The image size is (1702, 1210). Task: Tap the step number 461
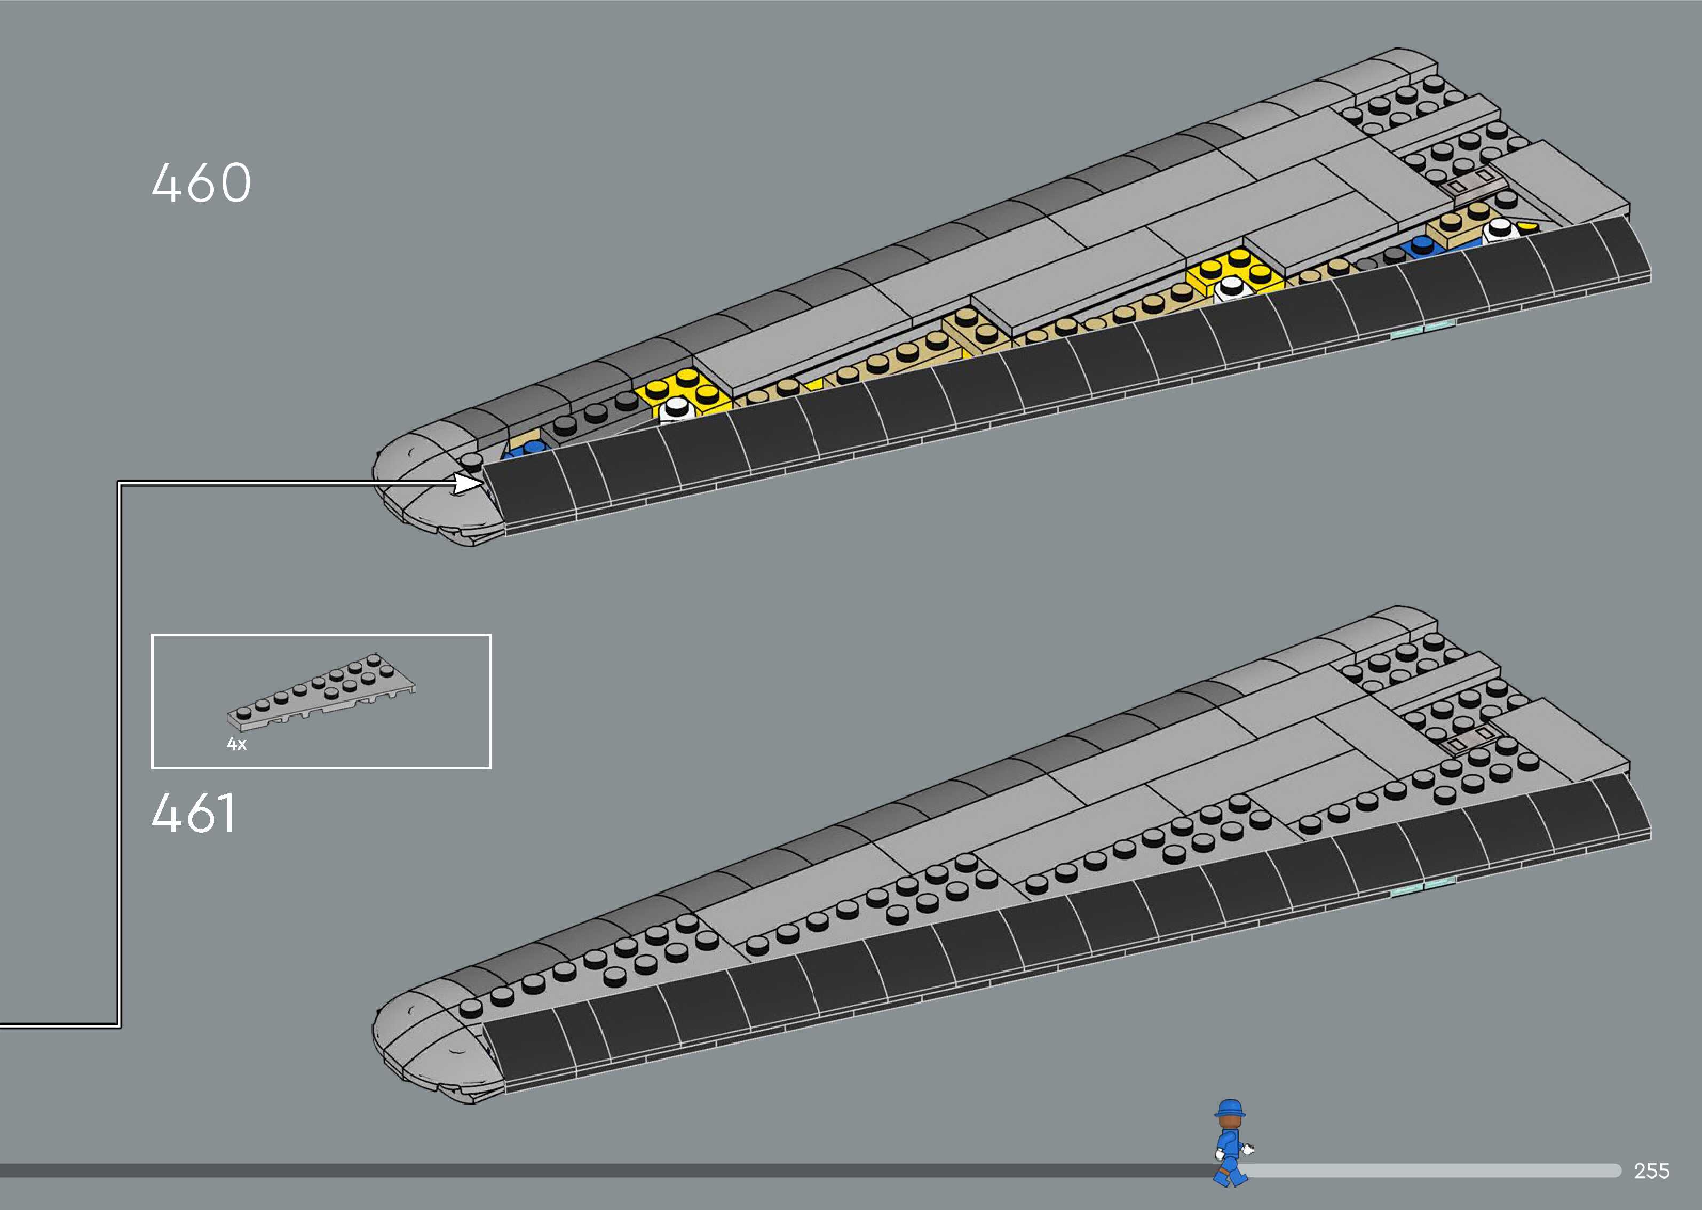(x=194, y=813)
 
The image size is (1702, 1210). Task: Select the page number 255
(x=1651, y=1171)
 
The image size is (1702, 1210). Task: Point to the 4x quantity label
(x=237, y=744)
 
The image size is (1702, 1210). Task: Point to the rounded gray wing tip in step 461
(x=425, y=1043)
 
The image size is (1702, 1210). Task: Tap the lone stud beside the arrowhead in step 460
(x=471, y=461)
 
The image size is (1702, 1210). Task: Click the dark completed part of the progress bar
(x=596, y=1171)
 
